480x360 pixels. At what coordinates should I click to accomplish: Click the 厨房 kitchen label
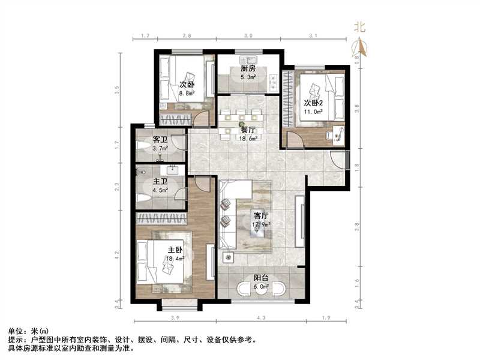coord(248,69)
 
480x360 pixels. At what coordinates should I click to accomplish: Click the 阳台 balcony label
coord(260,278)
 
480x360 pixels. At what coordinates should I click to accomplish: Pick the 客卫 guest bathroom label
coord(160,139)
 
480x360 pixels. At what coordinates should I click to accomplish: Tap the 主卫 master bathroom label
coord(160,181)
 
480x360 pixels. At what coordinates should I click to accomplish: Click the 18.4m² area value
coord(175,260)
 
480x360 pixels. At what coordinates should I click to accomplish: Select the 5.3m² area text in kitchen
coord(248,77)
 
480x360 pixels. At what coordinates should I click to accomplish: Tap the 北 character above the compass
coord(360,26)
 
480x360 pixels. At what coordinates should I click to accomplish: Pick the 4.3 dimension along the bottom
coord(261,317)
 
